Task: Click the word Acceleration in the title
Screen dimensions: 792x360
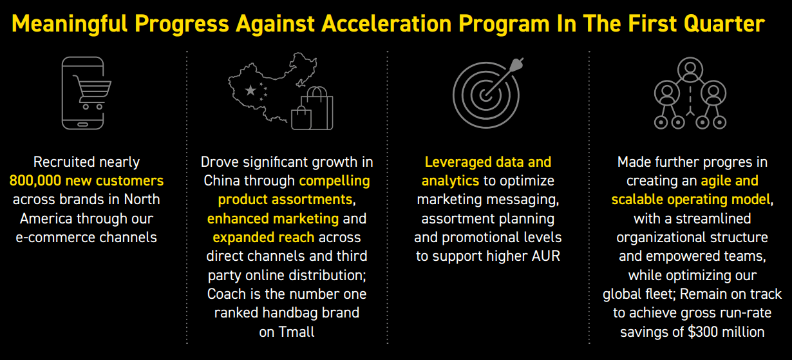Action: (x=386, y=24)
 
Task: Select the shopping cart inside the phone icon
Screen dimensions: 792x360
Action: (x=92, y=92)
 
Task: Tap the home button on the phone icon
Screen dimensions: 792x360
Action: (x=82, y=124)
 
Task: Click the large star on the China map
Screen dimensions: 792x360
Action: (x=250, y=91)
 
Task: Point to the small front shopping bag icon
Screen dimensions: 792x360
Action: (x=301, y=118)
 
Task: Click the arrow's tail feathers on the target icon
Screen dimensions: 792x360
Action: (x=517, y=64)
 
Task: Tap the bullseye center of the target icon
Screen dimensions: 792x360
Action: (x=486, y=95)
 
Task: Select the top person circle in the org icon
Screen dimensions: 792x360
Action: (x=690, y=70)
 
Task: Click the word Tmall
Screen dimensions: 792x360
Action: (x=296, y=332)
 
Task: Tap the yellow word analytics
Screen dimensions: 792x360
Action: (x=450, y=181)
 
